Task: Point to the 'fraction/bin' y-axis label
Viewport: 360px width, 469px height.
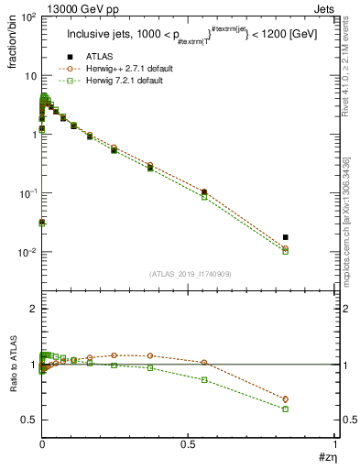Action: point(16,41)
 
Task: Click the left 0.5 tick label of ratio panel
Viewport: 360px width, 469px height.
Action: point(27,420)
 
